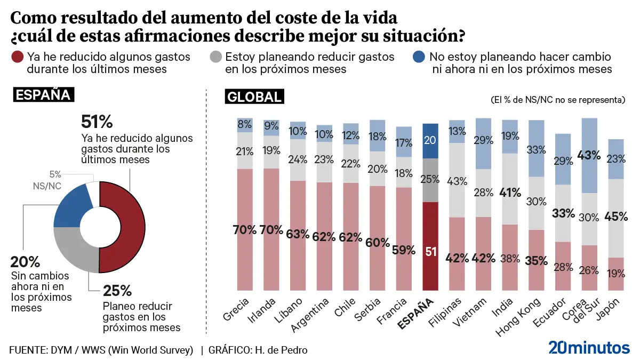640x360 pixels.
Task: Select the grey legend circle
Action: (x=216, y=57)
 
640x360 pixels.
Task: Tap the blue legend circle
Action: (x=420, y=57)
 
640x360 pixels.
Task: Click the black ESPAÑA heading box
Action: (x=43, y=95)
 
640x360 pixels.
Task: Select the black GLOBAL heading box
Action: (x=254, y=97)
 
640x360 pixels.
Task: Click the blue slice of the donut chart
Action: (x=72, y=205)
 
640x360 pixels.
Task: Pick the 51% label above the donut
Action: (x=97, y=122)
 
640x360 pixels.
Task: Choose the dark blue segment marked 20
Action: (x=430, y=141)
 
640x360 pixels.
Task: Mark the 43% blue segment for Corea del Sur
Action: (x=589, y=156)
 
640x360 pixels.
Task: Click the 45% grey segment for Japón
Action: (x=617, y=218)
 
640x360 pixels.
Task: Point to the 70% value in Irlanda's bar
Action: (x=271, y=230)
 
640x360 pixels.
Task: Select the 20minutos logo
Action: (x=589, y=347)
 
